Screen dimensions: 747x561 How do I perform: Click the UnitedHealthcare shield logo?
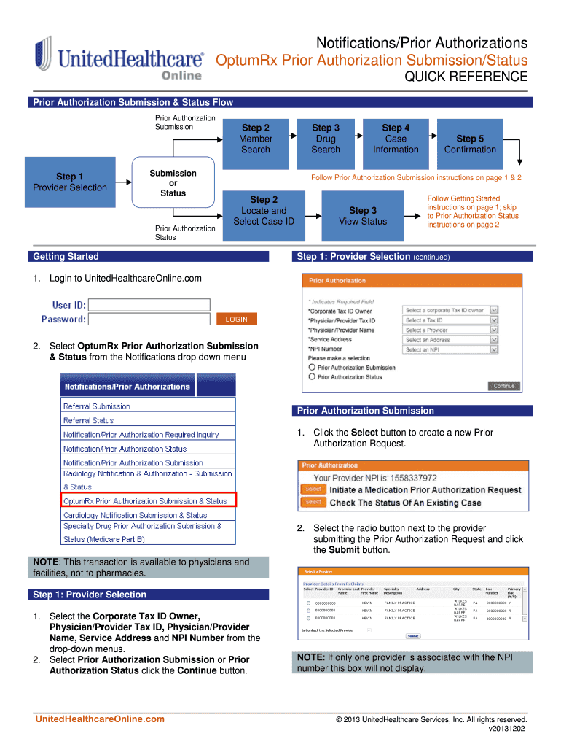[43, 55]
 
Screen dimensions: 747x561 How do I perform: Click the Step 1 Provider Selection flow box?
[70, 182]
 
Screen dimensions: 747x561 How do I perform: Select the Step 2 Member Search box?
[255, 139]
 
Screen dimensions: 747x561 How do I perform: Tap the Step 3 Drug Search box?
[325, 139]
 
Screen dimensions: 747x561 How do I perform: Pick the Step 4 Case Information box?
[396, 139]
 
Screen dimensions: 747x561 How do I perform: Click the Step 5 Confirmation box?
[470, 144]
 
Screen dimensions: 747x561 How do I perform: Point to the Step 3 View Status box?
[363, 216]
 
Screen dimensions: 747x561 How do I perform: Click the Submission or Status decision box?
[173, 183]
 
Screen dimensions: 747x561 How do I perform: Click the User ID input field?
[149, 305]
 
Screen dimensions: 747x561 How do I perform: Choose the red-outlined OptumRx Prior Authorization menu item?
[149, 501]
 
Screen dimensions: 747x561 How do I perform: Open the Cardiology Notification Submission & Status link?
[135, 515]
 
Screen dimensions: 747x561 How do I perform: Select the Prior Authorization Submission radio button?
[312, 368]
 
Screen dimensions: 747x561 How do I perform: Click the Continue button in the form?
[503, 386]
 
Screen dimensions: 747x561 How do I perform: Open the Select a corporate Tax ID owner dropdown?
[451, 310]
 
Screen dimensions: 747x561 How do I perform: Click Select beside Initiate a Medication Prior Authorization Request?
[313, 489]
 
